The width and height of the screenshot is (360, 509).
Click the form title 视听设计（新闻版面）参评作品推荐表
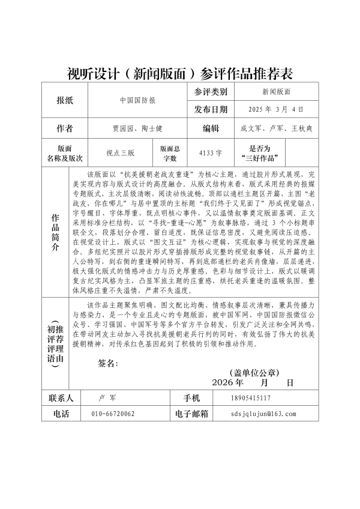[x=180, y=74]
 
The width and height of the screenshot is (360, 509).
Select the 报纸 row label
[x=64, y=101]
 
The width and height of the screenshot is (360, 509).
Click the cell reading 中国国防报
[x=137, y=101]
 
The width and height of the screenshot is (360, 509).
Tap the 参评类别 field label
[x=211, y=92]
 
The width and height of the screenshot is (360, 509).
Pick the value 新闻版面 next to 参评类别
[x=276, y=92]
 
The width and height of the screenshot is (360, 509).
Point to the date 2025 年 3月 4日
[x=276, y=109]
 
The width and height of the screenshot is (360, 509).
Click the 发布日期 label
[x=211, y=109]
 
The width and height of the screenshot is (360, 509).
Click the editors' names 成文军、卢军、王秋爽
[x=276, y=128]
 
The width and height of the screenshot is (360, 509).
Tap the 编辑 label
[x=211, y=128]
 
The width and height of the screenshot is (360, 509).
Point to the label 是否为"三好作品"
[x=260, y=153]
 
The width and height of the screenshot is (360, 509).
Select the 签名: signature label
[x=107, y=363]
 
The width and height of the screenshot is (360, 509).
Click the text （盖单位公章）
[x=255, y=372]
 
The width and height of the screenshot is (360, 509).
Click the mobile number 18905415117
[x=250, y=398]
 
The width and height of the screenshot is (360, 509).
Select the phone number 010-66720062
[x=113, y=414]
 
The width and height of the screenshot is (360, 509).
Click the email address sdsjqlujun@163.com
[x=263, y=414]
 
